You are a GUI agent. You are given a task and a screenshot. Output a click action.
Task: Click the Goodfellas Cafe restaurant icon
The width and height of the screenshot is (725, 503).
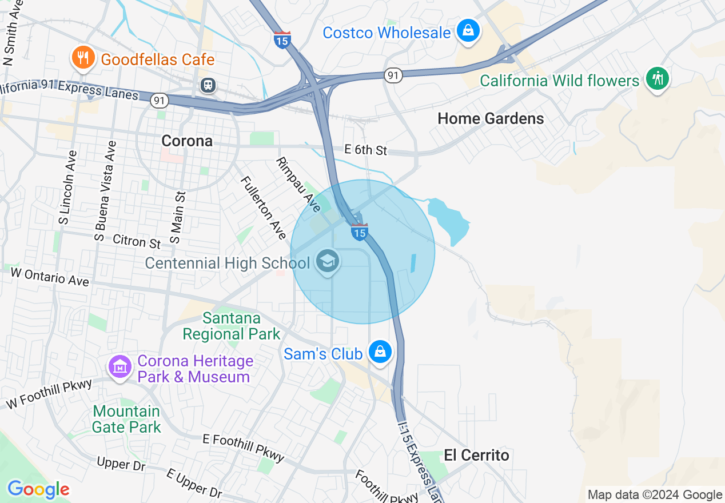[83, 58]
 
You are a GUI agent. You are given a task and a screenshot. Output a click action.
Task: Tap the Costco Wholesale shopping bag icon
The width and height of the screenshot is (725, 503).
[468, 31]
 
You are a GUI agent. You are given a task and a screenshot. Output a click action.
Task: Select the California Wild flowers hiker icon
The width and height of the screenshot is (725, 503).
[658, 79]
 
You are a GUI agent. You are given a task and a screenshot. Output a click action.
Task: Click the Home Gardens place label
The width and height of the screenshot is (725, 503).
[491, 118]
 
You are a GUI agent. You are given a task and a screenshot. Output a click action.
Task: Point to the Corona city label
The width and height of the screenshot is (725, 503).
[187, 141]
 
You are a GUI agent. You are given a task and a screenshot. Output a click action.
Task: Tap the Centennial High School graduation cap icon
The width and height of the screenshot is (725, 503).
[328, 262]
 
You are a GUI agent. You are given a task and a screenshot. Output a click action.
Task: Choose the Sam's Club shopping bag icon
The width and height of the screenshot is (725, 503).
[380, 352]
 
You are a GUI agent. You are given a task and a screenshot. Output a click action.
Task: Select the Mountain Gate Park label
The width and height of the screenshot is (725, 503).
[126, 419]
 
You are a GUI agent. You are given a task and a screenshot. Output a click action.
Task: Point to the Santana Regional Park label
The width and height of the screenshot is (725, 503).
[232, 326]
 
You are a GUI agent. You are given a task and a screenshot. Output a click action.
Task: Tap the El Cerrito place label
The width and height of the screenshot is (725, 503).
[476, 455]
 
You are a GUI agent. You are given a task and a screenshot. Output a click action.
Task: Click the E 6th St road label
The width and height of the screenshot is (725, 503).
[366, 150]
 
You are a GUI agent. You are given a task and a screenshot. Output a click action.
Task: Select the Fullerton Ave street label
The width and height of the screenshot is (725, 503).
[263, 207]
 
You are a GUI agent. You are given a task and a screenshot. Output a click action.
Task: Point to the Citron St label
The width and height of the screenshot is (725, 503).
[137, 241]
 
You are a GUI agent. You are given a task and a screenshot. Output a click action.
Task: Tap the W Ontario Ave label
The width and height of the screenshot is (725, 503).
[50, 277]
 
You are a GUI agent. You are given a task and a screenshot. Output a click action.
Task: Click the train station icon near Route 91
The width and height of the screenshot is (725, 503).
[208, 85]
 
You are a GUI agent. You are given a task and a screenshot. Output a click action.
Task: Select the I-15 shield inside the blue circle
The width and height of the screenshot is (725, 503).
[359, 231]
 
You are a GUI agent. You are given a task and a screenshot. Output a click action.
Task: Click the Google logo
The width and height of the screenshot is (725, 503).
[38, 490]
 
